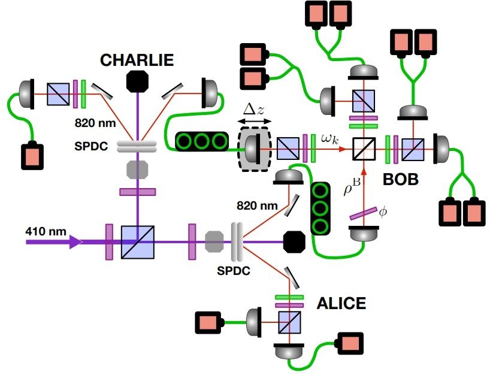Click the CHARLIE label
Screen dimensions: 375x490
pyautogui.click(x=137, y=60)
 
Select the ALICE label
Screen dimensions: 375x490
pyautogui.click(x=341, y=304)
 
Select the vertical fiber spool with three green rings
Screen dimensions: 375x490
pyautogui.click(x=321, y=207)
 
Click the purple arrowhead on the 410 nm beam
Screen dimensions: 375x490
pyautogui.click(x=76, y=242)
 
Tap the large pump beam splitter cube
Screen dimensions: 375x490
pyautogui.click(x=138, y=242)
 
